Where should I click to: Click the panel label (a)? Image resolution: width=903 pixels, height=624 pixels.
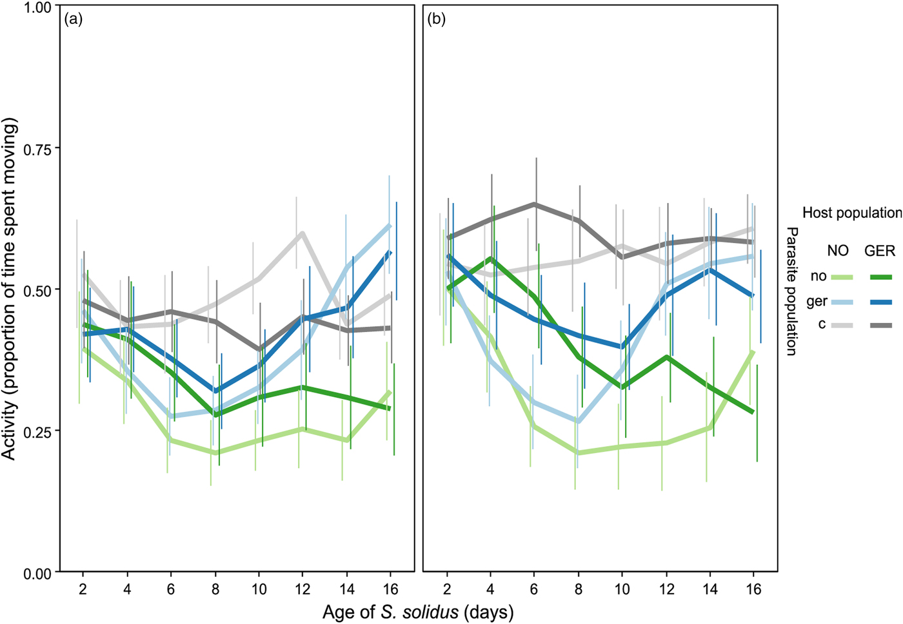[74, 19]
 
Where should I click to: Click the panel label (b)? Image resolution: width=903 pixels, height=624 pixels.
[437, 19]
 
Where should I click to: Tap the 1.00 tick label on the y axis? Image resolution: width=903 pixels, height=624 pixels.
[37, 7]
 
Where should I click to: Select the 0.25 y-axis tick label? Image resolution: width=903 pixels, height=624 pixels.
[37, 431]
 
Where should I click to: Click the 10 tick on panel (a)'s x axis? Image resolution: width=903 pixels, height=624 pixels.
[259, 589]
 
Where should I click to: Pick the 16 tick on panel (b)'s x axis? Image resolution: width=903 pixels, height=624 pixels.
[753, 589]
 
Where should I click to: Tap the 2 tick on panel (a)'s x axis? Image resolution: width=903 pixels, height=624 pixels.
[83, 589]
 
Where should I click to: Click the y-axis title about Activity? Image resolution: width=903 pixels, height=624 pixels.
[9, 288]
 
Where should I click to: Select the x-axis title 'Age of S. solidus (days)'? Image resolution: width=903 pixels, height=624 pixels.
[418, 611]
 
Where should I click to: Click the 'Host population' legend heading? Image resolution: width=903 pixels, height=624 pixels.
[851, 213]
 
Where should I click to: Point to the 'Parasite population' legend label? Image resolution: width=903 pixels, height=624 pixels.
[792, 291]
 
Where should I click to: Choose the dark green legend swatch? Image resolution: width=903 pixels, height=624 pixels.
[880, 277]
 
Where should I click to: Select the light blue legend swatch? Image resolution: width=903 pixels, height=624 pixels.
[841, 302]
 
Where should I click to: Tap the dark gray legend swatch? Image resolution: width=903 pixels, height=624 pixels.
[880, 326]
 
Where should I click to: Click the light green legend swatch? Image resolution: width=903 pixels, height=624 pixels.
[841, 277]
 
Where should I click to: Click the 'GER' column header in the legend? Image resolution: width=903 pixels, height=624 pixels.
[880, 251]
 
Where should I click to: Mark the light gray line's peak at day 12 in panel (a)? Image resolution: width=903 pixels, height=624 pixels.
[302, 233]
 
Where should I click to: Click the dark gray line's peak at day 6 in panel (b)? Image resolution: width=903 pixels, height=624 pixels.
[535, 204]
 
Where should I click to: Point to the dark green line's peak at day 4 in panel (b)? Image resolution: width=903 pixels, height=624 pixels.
[491, 258]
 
